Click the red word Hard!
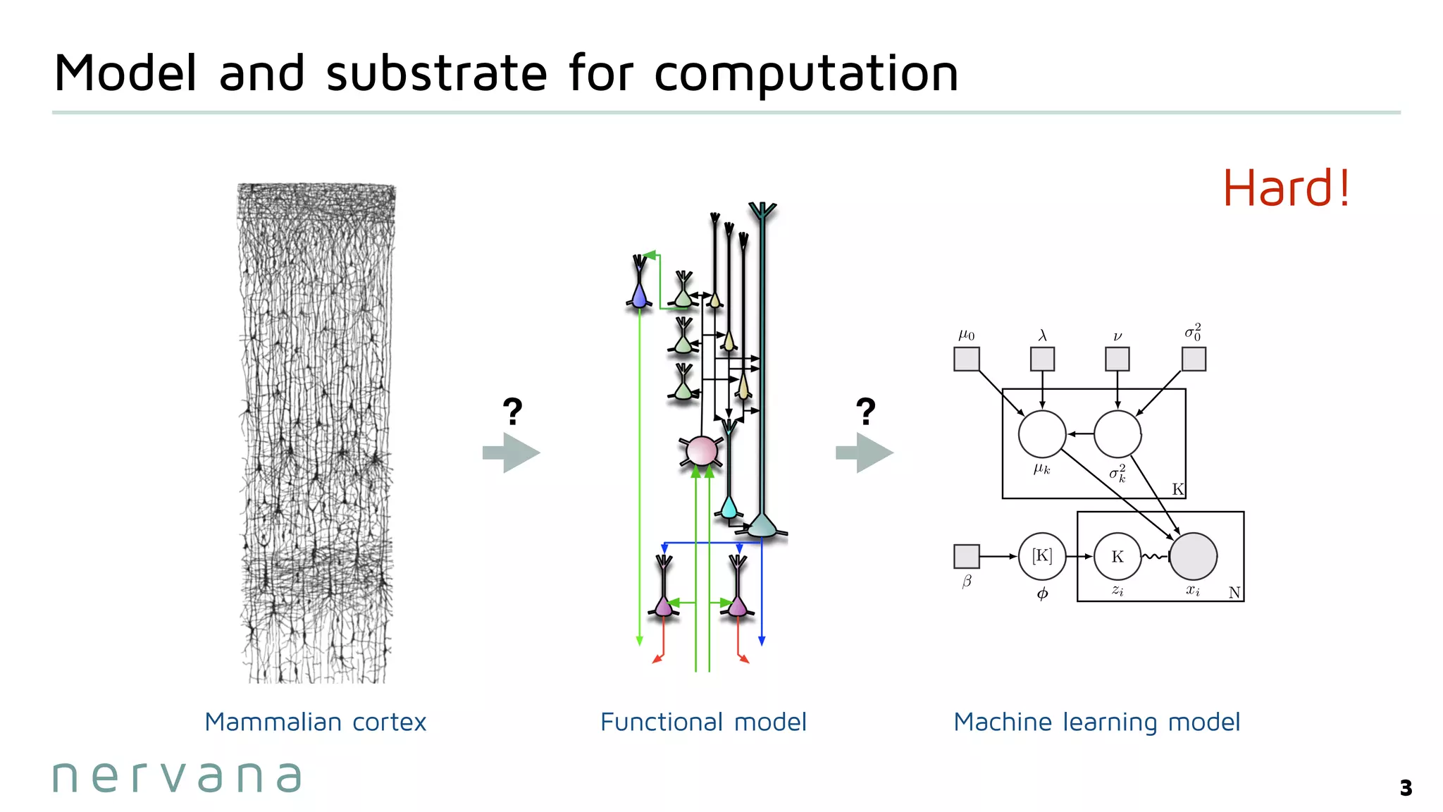pos(1287,188)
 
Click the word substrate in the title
pos(436,73)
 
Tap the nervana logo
pos(177,777)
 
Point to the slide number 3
pos(1406,787)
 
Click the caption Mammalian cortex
pos(315,722)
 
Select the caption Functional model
pos(703,722)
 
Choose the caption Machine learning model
pos(1096,722)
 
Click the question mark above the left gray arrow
pos(512,411)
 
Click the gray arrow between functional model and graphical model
pos(865,453)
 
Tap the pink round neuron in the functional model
pos(701,451)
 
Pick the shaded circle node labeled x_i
pos(1193,557)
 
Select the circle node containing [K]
pos(1042,557)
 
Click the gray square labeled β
pos(966,556)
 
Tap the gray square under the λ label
pos(1042,359)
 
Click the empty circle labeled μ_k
pos(1042,434)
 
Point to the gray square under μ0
pos(966,359)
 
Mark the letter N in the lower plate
pos(1234,593)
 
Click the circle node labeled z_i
pos(1117,557)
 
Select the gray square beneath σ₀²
pos(1194,359)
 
